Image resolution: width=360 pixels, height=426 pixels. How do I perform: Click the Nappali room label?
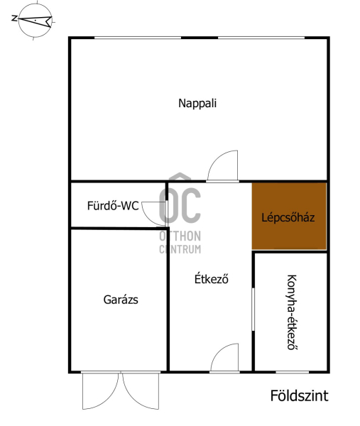click(x=197, y=104)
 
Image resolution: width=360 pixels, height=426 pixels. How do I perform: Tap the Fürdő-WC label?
click(x=113, y=206)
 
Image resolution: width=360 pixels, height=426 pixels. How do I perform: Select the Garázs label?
click(x=121, y=300)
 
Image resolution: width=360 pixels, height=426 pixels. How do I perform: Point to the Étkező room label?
click(x=212, y=279)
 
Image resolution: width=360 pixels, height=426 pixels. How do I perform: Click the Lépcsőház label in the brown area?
click(x=288, y=217)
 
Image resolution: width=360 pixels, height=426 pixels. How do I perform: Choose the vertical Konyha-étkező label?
click(x=292, y=312)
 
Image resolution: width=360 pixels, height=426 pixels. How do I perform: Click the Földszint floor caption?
click(x=299, y=395)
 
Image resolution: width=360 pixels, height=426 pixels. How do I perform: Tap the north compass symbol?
click(x=35, y=20)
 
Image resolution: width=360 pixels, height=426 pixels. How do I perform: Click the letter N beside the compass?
click(x=14, y=18)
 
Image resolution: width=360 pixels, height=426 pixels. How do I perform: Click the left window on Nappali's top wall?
click(x=138, y=38)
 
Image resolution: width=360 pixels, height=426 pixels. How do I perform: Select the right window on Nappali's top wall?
click(x=261, y=38)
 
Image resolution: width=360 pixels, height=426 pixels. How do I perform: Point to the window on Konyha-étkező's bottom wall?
click(x=293, y=371)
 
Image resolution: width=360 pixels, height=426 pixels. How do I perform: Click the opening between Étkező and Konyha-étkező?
click(x=253, y=309)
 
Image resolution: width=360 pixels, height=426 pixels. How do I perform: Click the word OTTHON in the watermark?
click(x=180, y=236)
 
